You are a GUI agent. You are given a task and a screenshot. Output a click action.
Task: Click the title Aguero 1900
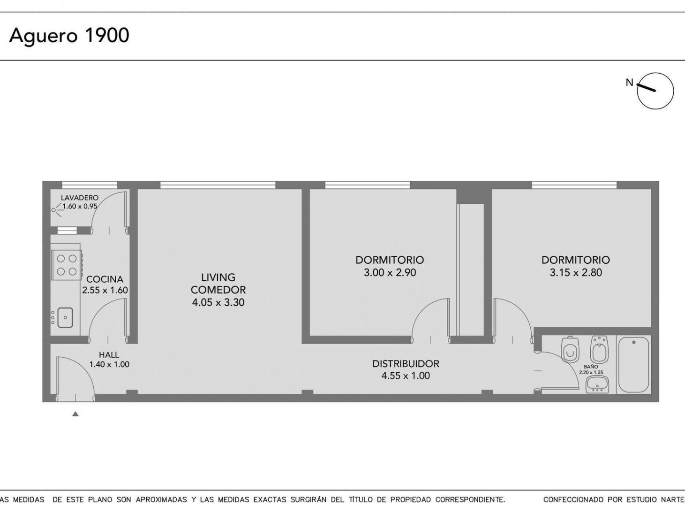click(69, 36)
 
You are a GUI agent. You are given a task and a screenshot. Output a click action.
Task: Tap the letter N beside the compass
click(629, 83)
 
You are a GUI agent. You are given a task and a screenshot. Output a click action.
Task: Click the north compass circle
click(655, 91)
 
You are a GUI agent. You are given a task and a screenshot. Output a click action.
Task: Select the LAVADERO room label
click(80, 198)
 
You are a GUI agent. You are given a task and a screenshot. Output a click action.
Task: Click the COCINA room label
click(105, 279)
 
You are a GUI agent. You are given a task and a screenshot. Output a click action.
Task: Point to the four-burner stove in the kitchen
click(67, 264)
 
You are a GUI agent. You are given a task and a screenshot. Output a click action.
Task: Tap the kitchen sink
click(65, 317)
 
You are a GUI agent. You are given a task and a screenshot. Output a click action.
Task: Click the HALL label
click(109, 355)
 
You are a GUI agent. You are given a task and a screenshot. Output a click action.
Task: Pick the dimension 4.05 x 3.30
click(218, 302)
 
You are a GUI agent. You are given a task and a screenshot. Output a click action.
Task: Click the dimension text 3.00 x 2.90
click(390, 273)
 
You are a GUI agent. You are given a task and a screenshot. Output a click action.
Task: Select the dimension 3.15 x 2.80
click(576, 273)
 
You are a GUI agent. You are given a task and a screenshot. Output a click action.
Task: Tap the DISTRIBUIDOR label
click(406, 364)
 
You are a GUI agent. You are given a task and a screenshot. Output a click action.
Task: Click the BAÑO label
click(591, 367)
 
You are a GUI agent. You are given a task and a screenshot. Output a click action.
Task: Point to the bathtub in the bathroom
click(634, 365)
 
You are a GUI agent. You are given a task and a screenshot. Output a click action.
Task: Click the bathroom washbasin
click(598, 384)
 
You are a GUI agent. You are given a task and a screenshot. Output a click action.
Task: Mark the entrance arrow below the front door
click(75, 414)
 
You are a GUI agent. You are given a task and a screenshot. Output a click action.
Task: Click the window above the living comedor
click(218, 185)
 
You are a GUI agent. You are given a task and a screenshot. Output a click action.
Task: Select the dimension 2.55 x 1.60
click(105, 290)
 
